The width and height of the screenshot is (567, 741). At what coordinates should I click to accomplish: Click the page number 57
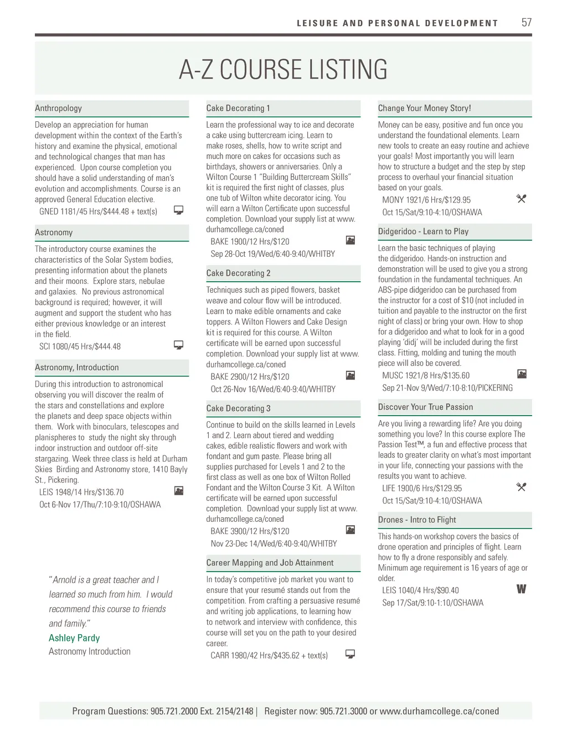[x=526, y=23]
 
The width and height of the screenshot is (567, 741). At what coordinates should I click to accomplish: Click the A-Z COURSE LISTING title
[x=283, y=70]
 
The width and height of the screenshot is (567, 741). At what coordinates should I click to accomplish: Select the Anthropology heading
[x=58, y=108]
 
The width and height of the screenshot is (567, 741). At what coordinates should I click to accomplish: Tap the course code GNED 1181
[x=58, y=211]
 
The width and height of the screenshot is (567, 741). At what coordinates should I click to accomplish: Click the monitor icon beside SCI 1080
[x=178, y=345]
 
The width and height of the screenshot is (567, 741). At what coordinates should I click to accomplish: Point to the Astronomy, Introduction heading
[x=77, y=367]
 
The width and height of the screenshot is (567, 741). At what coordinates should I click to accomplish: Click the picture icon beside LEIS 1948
[x=178, y=491]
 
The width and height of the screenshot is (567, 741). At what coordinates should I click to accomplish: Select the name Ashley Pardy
[x=74, y=638]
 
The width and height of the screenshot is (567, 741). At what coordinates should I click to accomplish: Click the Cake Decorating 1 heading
[x=238, y=108]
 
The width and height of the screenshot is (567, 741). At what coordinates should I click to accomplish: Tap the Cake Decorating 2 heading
[x=238, y=273]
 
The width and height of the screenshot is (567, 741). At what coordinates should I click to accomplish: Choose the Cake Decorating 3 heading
[x=238, y=408]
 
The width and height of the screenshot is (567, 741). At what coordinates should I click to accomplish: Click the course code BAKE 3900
[x=228, y=531]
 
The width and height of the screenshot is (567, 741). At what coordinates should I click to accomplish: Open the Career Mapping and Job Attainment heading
[x=270, y=563]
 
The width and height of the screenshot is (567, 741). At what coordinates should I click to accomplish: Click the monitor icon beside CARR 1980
[x=350, y=654]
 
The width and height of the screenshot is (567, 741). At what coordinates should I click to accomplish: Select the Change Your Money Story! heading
[x=424, y=108]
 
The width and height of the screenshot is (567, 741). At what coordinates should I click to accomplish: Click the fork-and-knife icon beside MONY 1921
[x=521, y=199]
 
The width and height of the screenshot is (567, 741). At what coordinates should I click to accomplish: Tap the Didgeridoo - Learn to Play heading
[x=423, y=232]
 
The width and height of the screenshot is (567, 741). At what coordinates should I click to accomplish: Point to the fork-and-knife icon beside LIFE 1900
[x=521, y=487]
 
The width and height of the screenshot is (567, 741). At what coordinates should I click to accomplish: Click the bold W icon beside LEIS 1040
[x=521, y=589]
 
